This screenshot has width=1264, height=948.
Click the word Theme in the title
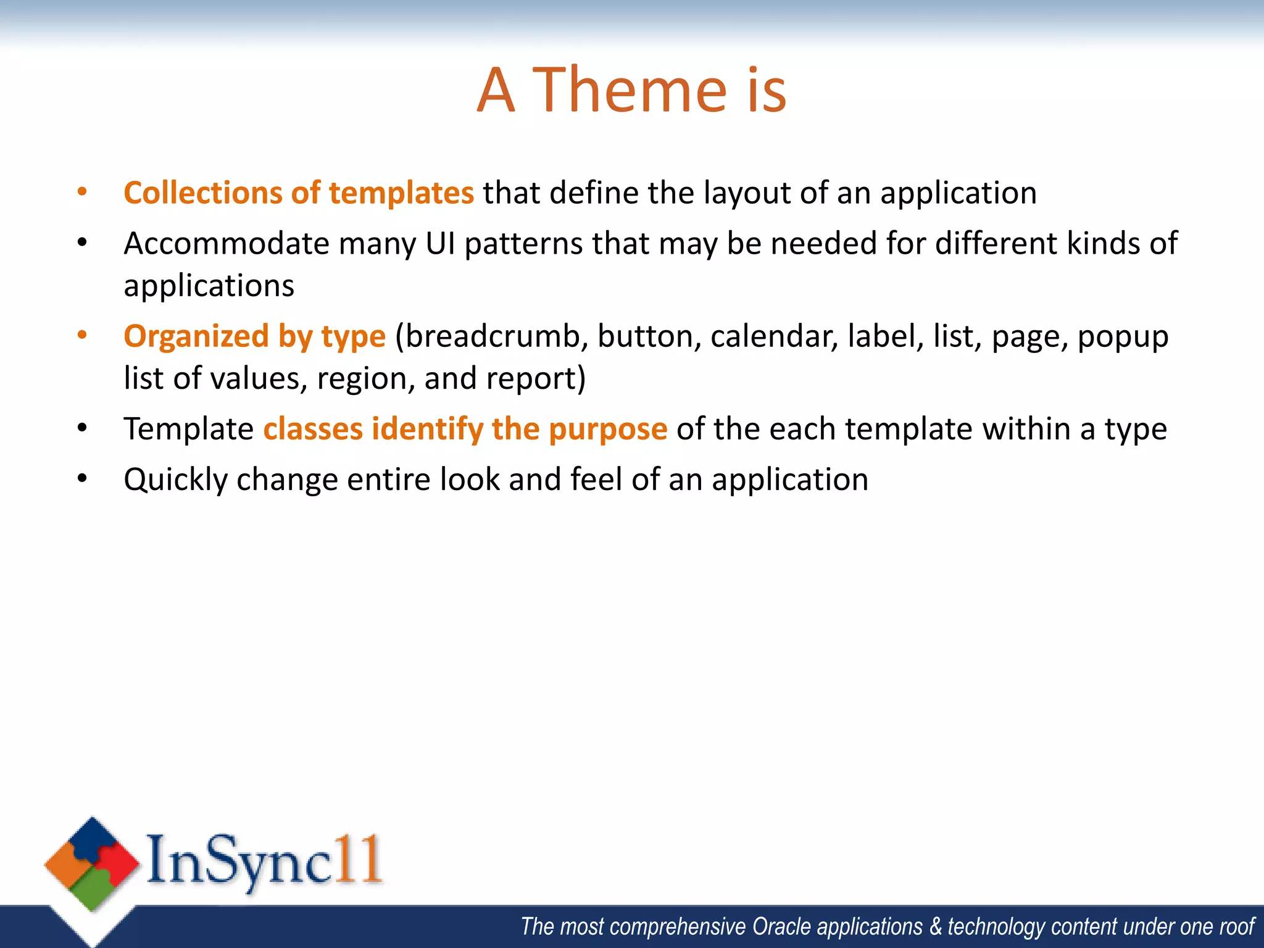tap(630, 91)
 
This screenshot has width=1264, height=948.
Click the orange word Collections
tap(202, 193)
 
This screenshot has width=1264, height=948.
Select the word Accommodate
tap(226, 243)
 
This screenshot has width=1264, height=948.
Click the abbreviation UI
tap(440, 243)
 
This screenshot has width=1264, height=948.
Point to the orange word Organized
tap(196, 336)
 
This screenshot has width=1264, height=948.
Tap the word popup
tap(1123, 338)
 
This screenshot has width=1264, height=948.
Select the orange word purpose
tap(607, 429)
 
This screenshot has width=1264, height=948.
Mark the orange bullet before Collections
tap(82, 192)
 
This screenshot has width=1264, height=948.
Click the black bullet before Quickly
tap(82, 478)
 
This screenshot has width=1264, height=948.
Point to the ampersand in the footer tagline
tap(936, 926)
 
